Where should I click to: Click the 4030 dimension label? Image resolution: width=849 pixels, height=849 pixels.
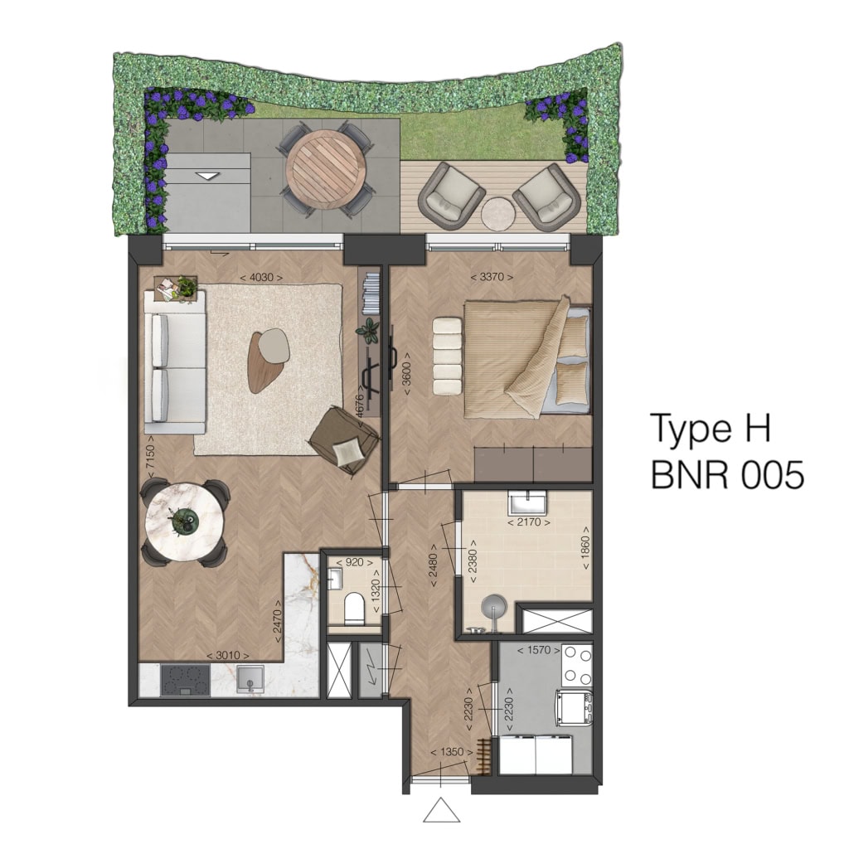(x=261, y=277)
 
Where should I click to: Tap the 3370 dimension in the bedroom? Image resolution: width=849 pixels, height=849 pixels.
(x=492, y=277)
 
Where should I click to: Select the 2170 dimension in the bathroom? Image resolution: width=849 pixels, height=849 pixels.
(x=529, y=523)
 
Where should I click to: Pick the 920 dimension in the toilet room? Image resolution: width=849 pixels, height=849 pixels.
(x=354, y=563)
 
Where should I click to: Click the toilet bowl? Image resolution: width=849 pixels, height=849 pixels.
(x=355, y=607)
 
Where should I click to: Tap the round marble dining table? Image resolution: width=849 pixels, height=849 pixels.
(x=185, y=523)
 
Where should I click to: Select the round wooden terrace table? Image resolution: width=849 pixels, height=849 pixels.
(x=325, y=168)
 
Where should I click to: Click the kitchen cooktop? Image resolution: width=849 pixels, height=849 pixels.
(x=185, y=680)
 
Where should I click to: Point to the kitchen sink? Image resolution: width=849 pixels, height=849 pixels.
(x=250, y=680)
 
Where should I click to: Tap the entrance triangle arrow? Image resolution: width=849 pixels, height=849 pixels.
(x=441, y=810)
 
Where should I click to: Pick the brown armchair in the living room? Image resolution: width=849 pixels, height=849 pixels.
(x=345, y=439)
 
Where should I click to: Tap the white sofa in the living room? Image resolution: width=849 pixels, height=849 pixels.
(x=175, y=361)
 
